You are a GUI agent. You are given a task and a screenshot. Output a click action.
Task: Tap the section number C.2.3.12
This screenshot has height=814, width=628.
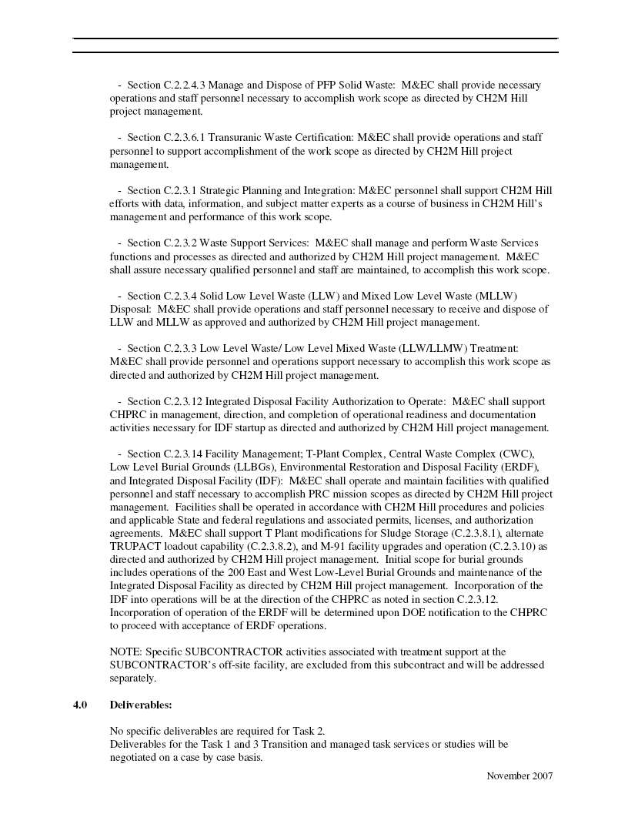[183, 402]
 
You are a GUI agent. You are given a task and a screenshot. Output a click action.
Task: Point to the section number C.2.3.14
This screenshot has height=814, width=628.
[183, 454]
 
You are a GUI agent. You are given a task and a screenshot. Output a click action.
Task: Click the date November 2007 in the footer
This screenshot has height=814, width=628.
[519, 775]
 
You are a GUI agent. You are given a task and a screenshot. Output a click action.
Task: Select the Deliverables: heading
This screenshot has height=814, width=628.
[141, 705]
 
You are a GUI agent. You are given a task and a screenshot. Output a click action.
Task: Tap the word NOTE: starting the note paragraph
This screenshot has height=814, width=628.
[125, 652]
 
